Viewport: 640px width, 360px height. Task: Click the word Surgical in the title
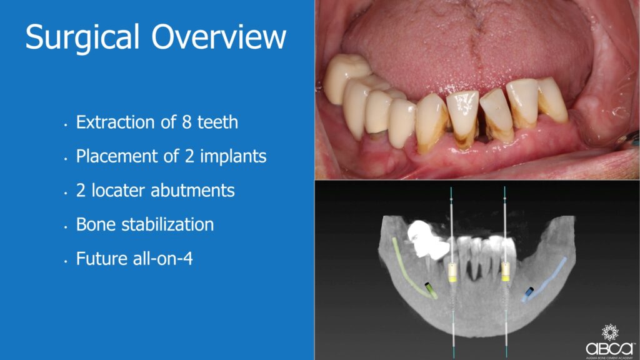pos(82,37)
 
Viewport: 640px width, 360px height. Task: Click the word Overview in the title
pos(219,37)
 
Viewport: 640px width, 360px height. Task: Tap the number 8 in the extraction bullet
pos(186,122)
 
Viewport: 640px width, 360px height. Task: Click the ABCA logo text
pos(609,348)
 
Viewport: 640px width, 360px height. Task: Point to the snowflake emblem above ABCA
pos(610,332)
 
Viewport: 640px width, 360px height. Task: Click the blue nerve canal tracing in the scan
pos(545,279)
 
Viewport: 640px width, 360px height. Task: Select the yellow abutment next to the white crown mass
pos(452,272)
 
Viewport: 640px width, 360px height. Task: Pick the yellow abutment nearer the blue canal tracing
pos(506,272)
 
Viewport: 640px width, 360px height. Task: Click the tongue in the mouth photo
pos(469,49)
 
